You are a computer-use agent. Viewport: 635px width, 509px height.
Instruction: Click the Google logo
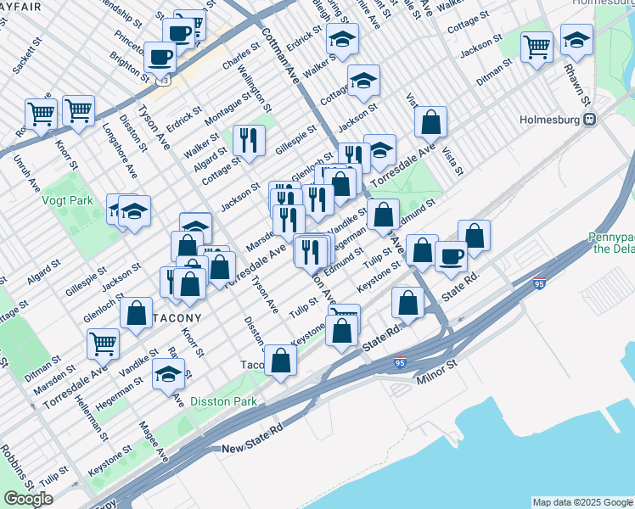pyautogui.click(x=28, y=498)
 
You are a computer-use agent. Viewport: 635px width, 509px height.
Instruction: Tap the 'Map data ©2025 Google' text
pyautogui.click(x=582, y=502)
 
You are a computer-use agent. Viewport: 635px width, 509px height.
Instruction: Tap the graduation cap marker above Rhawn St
pyautogui.click(x=576, y=39)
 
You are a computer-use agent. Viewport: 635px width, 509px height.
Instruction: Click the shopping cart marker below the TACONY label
pyautogui.click(x=103, y=343)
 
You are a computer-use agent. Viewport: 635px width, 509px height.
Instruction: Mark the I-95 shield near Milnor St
pyautogui.click(x=400, y=362)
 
